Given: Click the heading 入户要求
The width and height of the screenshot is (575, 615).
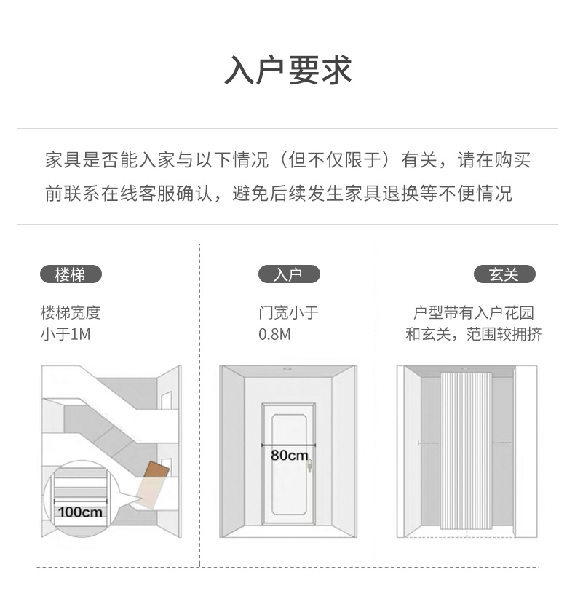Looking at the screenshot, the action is [287, 71].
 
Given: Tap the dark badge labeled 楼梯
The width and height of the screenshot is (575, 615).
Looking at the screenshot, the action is [71, 274].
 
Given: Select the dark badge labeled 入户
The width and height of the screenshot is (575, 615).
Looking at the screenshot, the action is [288, 274].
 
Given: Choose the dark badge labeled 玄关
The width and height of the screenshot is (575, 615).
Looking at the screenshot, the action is [504, 274].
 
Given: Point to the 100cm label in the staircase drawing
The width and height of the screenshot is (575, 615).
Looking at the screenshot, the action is [80, 512].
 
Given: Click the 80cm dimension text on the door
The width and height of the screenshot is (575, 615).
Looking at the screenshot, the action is [289, 456].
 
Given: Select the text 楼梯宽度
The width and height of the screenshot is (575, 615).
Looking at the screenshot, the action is [71, 313].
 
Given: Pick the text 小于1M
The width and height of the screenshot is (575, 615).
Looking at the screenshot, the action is [65, 335].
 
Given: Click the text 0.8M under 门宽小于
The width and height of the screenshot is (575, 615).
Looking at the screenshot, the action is [274, 335].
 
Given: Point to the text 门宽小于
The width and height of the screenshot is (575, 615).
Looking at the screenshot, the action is [288, 313].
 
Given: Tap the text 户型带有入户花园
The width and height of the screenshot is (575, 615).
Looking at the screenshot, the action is [473, 313].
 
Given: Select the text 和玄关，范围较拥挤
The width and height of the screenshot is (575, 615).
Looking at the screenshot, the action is [473, 335].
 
